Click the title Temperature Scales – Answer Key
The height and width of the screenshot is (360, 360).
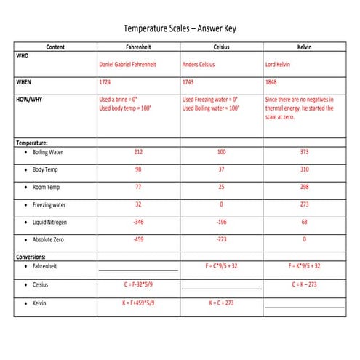[x=180, y=29]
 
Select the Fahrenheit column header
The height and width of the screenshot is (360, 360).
[x=138, y=47]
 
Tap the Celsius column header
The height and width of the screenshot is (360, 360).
[x=221, y=47]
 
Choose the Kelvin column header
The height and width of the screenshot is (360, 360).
[x=304, y=47]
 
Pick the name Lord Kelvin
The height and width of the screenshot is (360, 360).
[x=280, y=64]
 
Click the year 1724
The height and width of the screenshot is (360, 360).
[x=105, y=82]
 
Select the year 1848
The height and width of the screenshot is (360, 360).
[x=272, y=82]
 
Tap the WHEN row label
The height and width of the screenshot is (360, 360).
[x=24, y=82]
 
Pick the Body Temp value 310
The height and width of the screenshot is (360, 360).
[x=304, y=169]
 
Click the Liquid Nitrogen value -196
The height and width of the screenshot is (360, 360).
[x=221, y=222]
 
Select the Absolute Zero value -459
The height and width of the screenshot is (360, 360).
[x=138, y=239]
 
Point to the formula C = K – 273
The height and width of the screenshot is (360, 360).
[x=304, y=284]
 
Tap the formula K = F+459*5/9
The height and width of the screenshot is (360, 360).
[x=138, y=302]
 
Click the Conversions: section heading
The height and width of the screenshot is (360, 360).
[x=31, y=256]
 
